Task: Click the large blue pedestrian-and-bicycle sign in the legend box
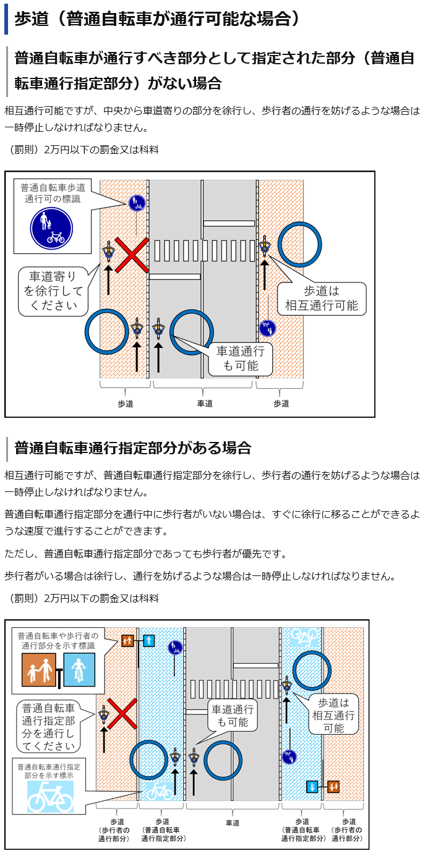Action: (x=51, y=229)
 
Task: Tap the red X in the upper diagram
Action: (x=132, y=255)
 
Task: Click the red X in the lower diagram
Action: (x=122, y=713)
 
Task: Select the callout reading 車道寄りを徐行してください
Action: (x=53, y=291)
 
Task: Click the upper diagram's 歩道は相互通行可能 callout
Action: (x=321, y=299)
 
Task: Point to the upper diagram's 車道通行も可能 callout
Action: (x=240, y=358)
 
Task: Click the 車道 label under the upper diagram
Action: (x=205, y=404)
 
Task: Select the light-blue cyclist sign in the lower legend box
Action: (x=79, y=669)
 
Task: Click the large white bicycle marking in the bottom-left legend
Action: (x=50, y=797)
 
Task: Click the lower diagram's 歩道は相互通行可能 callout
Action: (x=333, y=715)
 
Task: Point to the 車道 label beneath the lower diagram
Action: (x=232, y=823)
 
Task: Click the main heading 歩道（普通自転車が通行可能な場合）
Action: (x=157, y=18)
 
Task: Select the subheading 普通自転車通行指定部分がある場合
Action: (x=133, y=448)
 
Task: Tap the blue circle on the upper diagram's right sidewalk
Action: (x=299, y=244)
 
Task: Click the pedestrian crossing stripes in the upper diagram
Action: (x=205, y=250)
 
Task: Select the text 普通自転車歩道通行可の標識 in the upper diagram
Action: (x=53, y=193)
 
